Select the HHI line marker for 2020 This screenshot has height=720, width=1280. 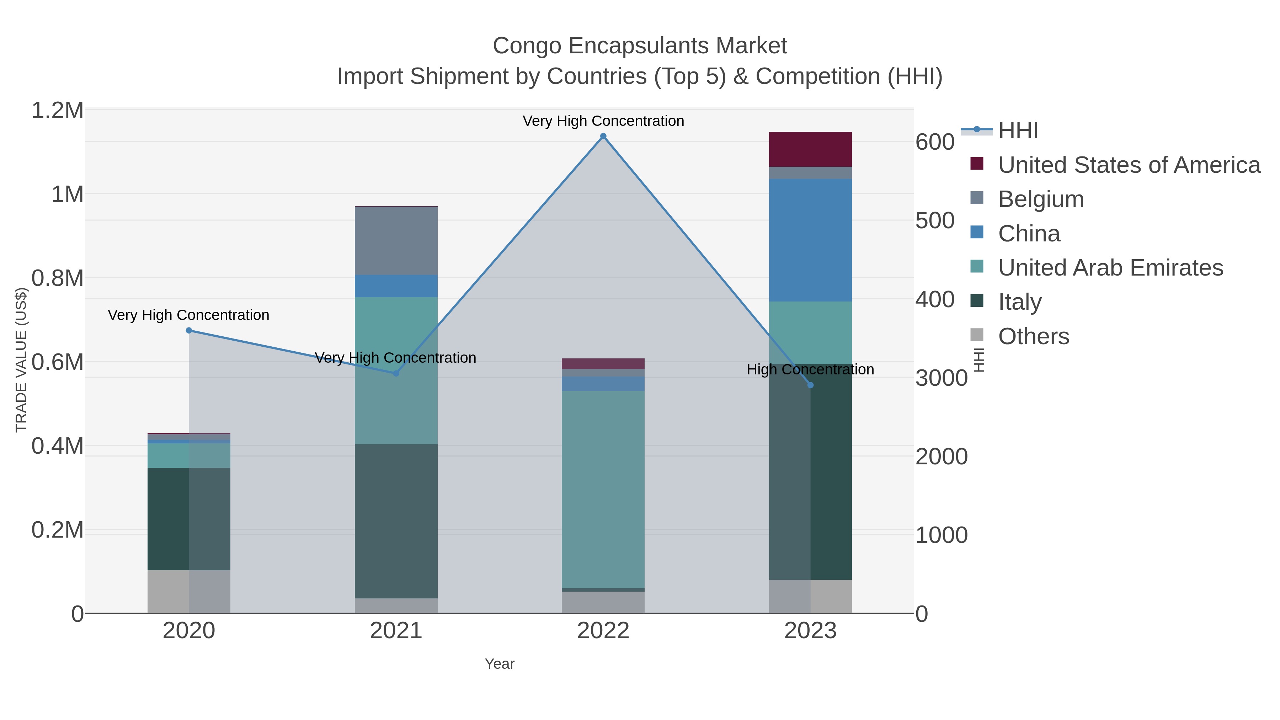tap(189, 330)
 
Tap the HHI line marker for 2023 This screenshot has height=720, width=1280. tap(810, 385)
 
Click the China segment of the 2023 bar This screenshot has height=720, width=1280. tap(810, 240)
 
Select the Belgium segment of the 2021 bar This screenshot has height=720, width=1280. tap(396, 240)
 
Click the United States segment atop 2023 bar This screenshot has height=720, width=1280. tap(810, 149)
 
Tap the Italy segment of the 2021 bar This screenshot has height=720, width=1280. tap(396, 521)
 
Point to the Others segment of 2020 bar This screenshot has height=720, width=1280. tap(189, 591)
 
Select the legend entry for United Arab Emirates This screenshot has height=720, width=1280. tap(1110, 268)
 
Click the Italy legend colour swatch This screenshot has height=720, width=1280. tap(977, 300)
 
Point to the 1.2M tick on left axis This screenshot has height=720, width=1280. tap(57, 110)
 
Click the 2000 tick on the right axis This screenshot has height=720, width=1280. tap(941, 457)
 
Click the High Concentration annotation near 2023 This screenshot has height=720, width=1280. tap(810, 370)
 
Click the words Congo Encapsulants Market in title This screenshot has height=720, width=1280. tap(640, 46)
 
